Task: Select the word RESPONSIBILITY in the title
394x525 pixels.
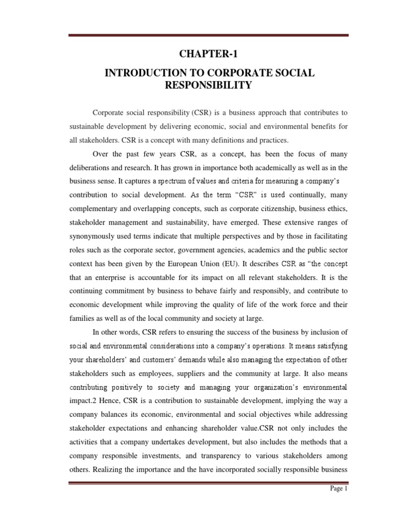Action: click(208, 86)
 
